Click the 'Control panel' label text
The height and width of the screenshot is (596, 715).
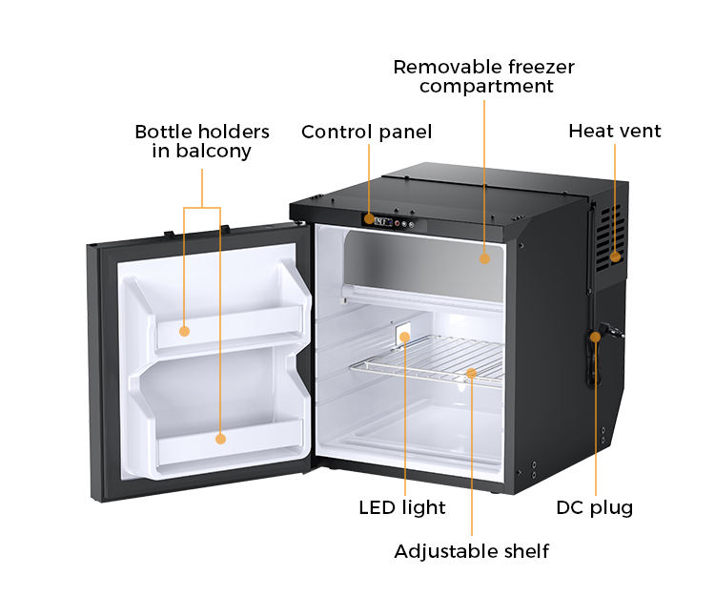[366, 132]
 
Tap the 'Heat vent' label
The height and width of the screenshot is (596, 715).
[614, 131]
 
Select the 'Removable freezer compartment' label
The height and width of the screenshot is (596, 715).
[484, 76]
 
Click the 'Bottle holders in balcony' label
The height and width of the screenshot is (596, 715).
[202, 141]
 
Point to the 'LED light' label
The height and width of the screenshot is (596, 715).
[401, 507]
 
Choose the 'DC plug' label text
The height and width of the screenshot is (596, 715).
[594, 507]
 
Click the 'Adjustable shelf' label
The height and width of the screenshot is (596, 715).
[472, 551]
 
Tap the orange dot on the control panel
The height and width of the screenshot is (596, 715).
[368, 219]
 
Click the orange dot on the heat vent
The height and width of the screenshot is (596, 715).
[615, 256]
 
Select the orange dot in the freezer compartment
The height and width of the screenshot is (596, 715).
[484, 257]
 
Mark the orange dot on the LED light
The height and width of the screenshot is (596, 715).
[404, 337]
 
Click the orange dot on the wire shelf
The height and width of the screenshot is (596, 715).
[471, 373]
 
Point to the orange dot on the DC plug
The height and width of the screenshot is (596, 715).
[596, 336]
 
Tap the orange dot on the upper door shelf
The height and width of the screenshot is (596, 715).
[185, 332]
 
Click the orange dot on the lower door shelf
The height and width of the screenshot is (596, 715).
[220, 439]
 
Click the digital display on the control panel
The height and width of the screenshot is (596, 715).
[382, 222]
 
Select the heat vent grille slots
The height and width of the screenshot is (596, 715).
[607, 234]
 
